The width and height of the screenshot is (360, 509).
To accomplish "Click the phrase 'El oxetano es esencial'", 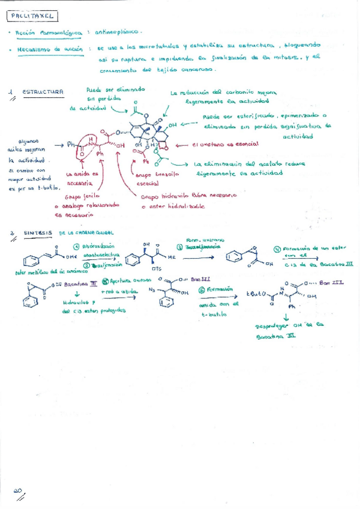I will tap(226, 144).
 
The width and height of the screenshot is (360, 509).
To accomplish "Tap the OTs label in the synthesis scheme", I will tap(158, 268).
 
